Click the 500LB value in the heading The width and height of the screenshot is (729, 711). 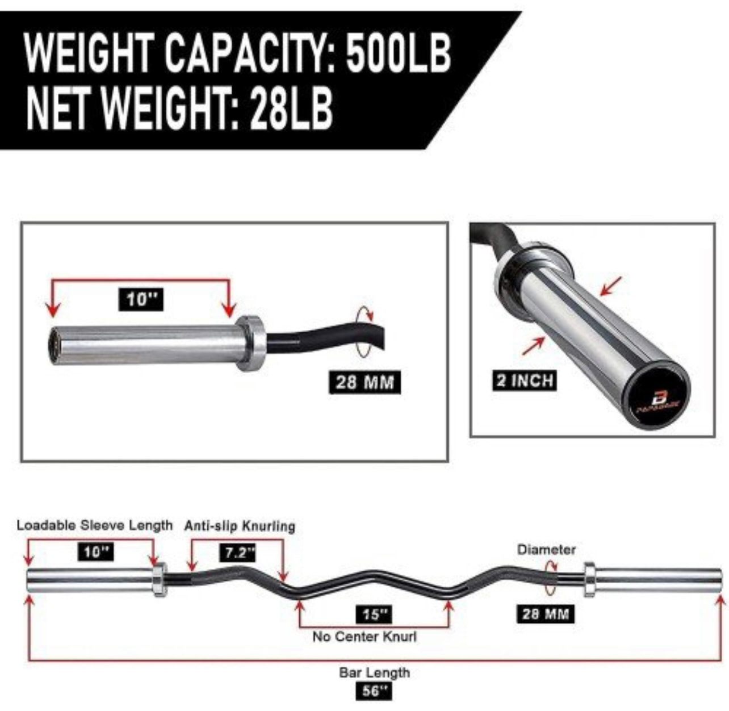point(398,53)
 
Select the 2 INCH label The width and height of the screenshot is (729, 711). point(523,380)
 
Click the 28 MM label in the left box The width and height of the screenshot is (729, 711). point(364,382)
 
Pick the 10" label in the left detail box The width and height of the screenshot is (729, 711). point(141,299)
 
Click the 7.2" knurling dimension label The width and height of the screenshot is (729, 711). point(237,552)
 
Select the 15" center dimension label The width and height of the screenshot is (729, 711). point(375,614)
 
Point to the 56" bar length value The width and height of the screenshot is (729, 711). point(374,691)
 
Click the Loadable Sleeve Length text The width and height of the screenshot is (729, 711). point(94,525)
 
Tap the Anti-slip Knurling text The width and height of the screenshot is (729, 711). point(240,526)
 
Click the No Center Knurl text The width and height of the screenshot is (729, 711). point(364,637)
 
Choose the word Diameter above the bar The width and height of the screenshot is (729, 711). point(546,549)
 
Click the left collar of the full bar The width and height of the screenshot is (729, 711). point(158,579)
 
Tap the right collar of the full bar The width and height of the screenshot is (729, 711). point(589,579)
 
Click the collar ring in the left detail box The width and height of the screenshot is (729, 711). point(250,342)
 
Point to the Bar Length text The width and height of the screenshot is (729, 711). point(374,673)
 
